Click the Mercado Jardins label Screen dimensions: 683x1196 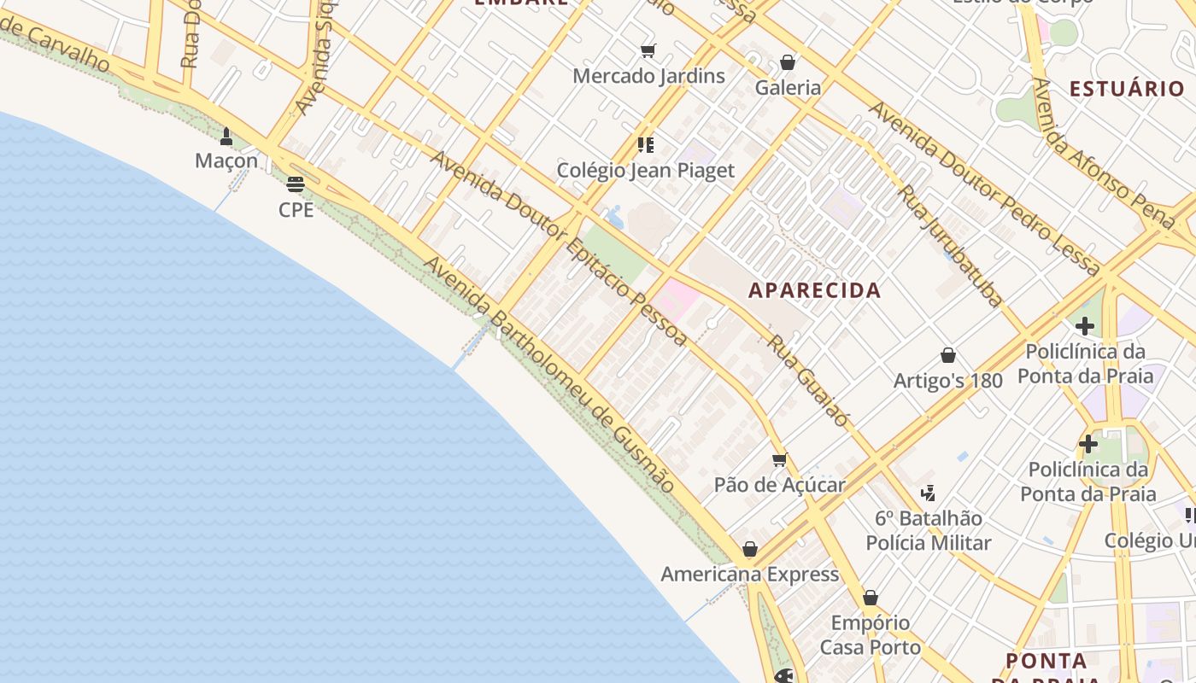648,76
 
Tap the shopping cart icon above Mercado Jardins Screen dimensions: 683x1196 648,51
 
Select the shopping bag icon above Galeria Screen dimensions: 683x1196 788,62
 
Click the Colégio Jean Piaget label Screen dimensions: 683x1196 645,171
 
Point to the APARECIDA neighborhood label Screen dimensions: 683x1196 814,290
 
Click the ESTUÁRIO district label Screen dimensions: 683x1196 1127,89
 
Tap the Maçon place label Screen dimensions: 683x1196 226,161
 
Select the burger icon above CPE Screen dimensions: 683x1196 296,184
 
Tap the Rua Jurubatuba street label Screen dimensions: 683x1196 950,245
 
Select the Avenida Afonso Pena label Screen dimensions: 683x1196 1103,154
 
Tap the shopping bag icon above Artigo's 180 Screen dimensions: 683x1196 947,355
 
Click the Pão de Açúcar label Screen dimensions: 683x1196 779,485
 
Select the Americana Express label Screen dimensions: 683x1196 749,575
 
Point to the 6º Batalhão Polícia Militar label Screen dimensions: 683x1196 929,531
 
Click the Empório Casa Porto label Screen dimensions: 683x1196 871,635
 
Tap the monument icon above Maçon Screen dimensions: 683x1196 226,136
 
